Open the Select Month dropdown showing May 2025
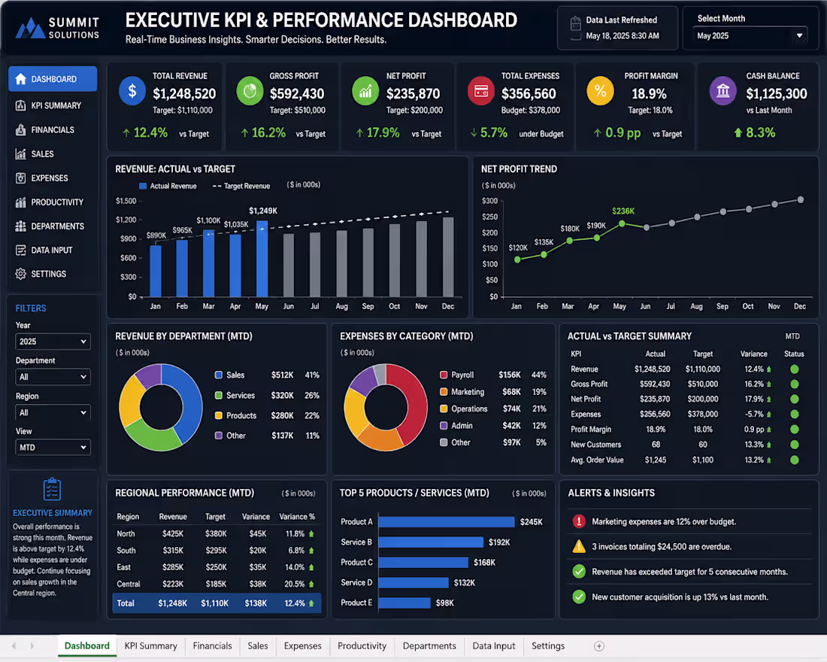tap(750, 36)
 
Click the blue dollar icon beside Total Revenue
tap(132, 91)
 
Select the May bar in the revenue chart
tap(262, 259)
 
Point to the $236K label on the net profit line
tap(623, 211)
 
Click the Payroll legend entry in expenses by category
tap(457, 375)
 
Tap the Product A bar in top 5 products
tap(446, 522)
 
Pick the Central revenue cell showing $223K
tap(173, 584)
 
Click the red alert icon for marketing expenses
tap(579, 521)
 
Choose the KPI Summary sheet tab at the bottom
tap(151, 645)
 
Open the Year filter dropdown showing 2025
tap(53, 342)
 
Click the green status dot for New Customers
tap(795, 445)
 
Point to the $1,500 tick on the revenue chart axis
tap(126, 201)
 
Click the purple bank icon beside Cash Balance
tap(722, 91)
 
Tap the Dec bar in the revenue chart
tap(448, 257)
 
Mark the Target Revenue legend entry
tap(241, 186)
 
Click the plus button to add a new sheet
tap(599, 646)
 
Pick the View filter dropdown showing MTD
tap(53, 447)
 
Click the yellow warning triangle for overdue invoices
tap(579, 546)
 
